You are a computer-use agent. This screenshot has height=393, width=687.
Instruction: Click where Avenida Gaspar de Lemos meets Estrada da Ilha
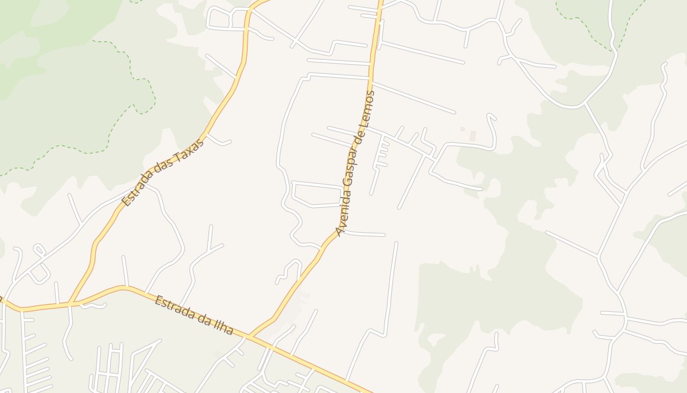pyautogui.click(x=249, y=337)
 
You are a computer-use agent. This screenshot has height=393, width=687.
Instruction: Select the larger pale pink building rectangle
pyautogui.click(x=473, y=136)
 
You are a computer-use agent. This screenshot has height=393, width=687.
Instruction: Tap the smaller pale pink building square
pyautogui.click(x=462, y=129)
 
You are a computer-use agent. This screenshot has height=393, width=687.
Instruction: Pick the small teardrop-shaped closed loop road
pyautogui.click(x=39, y=250)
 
